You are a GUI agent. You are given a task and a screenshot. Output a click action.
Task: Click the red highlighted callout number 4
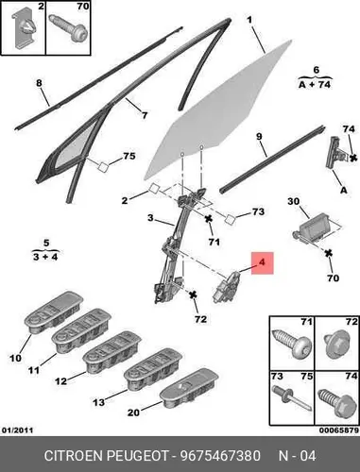click(x=263, y=262)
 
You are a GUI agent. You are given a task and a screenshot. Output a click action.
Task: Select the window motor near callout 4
click(x=226, y=287)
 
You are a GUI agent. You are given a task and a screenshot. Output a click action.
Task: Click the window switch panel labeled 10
click(x=54, y=312)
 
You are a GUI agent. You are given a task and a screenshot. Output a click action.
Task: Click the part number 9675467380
click(x=220, y=456)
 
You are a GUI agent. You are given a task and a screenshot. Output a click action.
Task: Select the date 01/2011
click(x=17, y=430)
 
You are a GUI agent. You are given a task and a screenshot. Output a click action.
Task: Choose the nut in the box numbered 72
click(x=336, y=346)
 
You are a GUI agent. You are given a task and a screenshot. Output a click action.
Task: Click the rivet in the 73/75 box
click(x=291, y=398)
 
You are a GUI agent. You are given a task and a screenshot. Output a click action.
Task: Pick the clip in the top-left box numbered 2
click(x=26, y=30)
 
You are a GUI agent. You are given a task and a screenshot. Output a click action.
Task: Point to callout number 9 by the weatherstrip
click(x=259, y=137)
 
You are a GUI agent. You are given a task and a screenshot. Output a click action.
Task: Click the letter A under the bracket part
click(x=344, y=190)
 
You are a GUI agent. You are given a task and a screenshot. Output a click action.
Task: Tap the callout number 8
click(x=39, y=83)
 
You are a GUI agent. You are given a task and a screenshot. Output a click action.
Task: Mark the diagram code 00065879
click(x=339, y=430)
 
